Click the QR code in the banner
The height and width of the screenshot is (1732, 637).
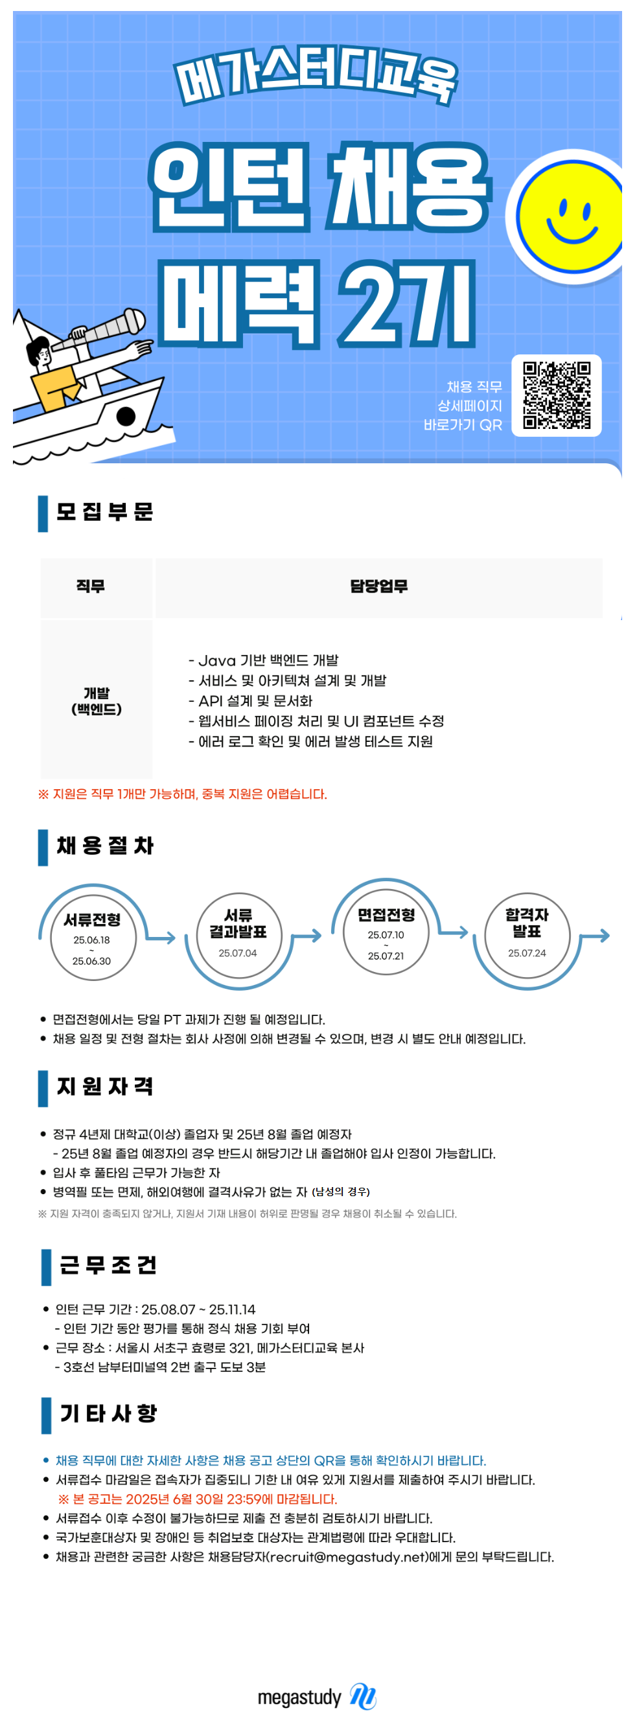click(556, 395)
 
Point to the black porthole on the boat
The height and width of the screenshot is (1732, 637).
click(126, 417)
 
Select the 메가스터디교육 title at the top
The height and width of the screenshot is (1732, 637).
click(316, 76)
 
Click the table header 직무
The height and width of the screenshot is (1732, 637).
click(91, 586)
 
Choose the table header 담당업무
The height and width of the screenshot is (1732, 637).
click(378, 586)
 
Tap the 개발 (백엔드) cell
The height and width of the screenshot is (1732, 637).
click(96, 700)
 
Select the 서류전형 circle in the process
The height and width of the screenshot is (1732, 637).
click(93, 937)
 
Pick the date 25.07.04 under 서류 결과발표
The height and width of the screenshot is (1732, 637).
click(237, 953)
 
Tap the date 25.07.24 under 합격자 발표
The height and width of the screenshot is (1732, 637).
click(527, 953)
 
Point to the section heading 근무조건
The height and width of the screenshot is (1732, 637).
click(108, 1265)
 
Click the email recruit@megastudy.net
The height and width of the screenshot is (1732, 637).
click(349, 1556)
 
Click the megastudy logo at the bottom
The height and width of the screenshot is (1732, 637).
click(317, 1696)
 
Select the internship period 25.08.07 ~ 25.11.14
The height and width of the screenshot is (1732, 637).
click(198, 1309)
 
